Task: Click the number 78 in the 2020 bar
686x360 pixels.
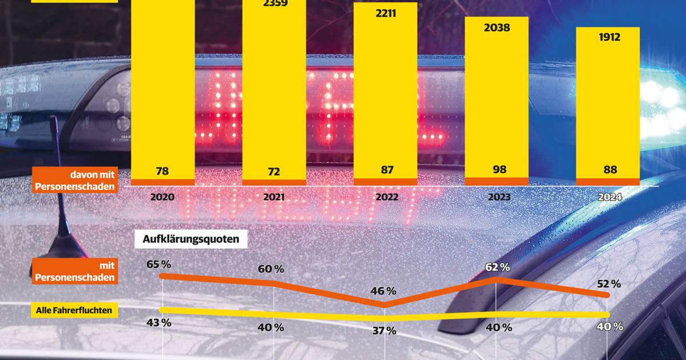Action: pos(163,170)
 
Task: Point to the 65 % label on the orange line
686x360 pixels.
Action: pos(158,264)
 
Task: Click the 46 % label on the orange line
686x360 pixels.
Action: pos(384,291)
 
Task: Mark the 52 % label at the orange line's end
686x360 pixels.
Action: pos(608,283)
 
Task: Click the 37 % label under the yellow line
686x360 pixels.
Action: pos(384,330)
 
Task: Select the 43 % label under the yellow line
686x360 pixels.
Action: pos(158,322)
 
